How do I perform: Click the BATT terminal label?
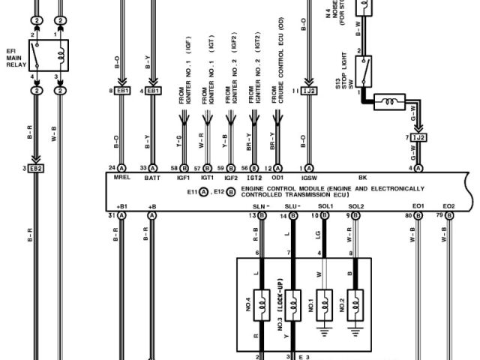coord(153,178)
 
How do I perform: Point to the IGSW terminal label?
coord(309,178)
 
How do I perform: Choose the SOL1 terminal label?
coord(325,205)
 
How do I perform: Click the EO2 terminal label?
coord(448,205)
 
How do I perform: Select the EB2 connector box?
coord(34,168)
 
